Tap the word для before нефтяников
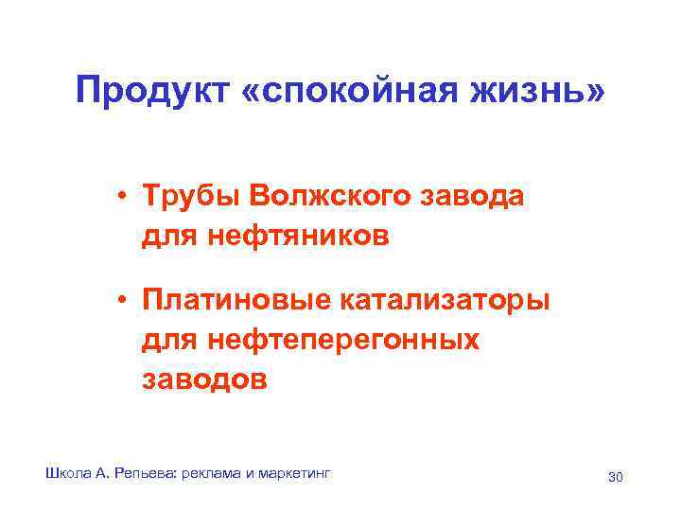coord(172,235)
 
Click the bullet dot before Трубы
coord(124,197)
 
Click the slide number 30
coord(615,476)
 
